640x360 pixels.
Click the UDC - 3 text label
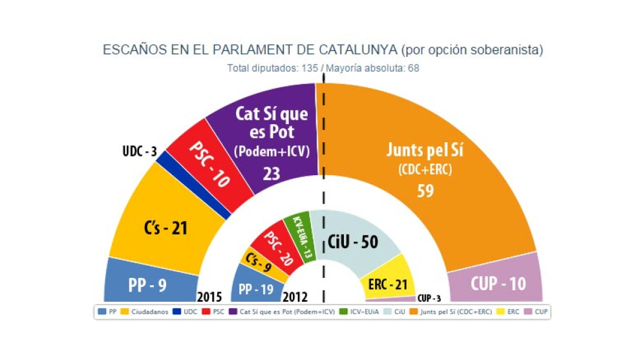tap(140, 152)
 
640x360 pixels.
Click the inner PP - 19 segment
tap(255, 289)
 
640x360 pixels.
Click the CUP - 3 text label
tap(429, 298)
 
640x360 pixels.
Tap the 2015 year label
tap(209, 297)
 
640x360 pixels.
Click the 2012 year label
tap(295, 297)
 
